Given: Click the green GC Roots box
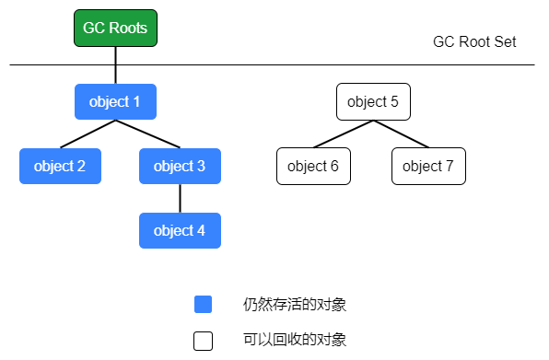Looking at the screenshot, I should tap(115, 28).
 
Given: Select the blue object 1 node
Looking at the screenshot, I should tap(115, 101).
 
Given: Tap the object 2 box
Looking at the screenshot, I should tap(60, 166).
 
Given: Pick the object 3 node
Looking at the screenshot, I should tap(180, 166).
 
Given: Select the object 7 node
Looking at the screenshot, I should tap(428, 166).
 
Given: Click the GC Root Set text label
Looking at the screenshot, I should tap(474, 42).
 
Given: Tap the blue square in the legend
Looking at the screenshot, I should tap(203, 304).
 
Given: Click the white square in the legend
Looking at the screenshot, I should tap(203, 341).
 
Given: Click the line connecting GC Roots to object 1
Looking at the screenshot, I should tap(115, 64).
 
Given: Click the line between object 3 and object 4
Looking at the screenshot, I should tap(180, 198).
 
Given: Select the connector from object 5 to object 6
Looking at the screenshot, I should tap(344, 134).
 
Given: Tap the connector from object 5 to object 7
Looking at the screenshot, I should tap(401, 134).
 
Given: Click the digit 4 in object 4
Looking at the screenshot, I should tap(201, 230).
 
